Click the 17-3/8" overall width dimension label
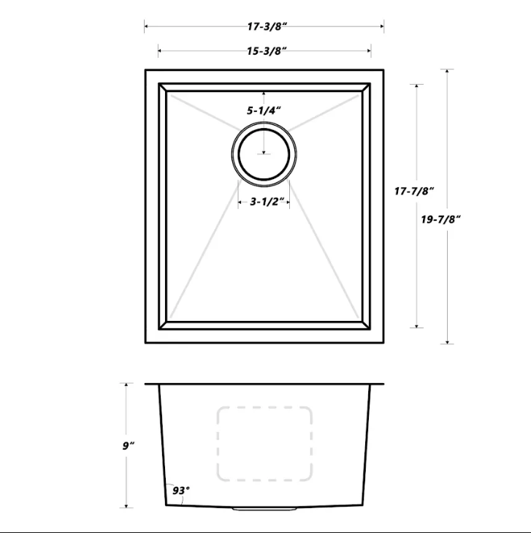pyautogui.click(x=267, y=26)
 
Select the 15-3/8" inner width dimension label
pyautogui.click(x=267, y=51)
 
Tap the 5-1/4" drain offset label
pyautogui.click(x=264, y=110)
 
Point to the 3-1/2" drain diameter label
pyautogui.click(x=267, y=202)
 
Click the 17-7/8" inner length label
pyautogui.click(x=414, y=192)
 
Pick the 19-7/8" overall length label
pyautogui.click(x=440, y=219)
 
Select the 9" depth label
pyautogui.click(x=129, y=446)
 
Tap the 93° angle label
pyautogui.click(x=181, y=491)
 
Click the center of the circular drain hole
pyautogui.click(x=264, y=154)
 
